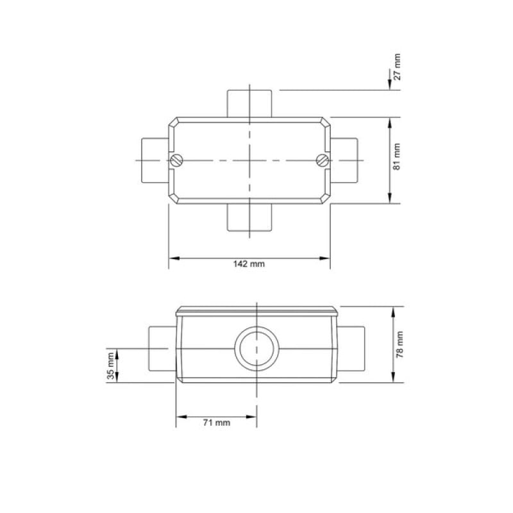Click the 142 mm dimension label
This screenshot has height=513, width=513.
coord(249,264)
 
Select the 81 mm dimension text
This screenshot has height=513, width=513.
coord(396,156)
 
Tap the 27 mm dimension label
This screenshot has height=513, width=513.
coord(397,67)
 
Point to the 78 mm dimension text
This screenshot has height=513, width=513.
coord(399,344)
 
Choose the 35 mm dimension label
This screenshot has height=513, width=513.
coord(111,366)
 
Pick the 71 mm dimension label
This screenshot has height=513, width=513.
coord(216,423)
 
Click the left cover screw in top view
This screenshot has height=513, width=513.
coord(176,160)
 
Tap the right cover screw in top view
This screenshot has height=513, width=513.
coord(323,160)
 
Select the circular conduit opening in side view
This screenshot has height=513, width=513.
coord(257,348)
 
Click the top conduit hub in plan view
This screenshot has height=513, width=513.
coord(249,104)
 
